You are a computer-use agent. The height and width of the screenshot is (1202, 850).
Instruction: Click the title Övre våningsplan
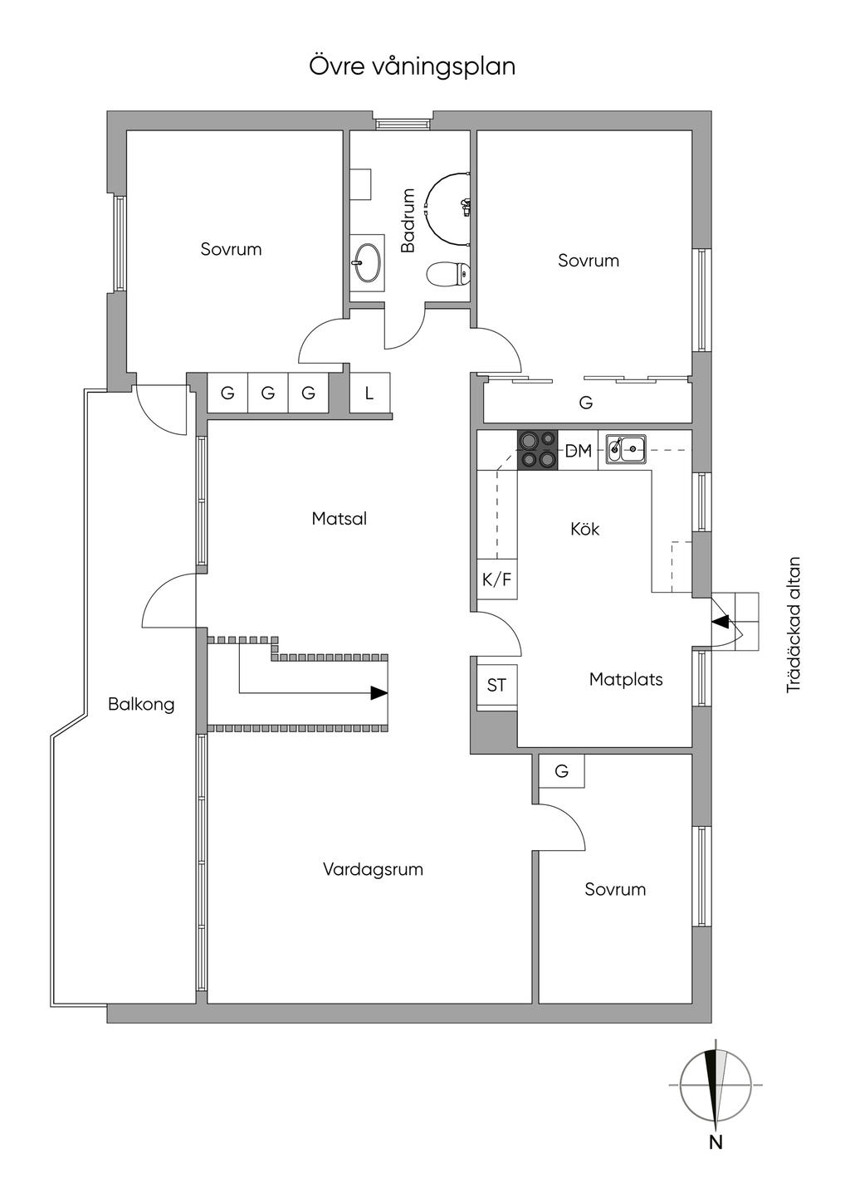413,66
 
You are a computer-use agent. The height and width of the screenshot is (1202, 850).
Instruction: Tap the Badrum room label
408,220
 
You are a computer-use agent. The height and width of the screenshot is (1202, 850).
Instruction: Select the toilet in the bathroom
448,273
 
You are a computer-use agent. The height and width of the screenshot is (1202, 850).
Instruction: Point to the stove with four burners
537,450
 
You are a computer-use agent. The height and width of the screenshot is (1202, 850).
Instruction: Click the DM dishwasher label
579,451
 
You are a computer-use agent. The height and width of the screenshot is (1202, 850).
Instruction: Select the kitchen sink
626,449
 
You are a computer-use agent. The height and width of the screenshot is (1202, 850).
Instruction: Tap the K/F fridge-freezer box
496,579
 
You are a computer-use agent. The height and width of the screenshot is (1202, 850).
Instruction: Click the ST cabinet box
496,685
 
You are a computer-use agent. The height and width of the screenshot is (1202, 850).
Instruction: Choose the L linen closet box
369,393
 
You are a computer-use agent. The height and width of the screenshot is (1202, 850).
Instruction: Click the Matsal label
339,519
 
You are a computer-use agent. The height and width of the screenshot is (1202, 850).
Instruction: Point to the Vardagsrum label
373,869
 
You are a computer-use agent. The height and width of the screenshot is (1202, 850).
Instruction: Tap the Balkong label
141,704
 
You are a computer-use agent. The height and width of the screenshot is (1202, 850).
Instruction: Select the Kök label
584,529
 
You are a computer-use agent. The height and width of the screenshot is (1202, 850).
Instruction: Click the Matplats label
626,679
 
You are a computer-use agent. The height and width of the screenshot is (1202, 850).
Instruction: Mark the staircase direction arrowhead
379,692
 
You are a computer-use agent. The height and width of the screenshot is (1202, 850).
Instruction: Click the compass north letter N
716,1142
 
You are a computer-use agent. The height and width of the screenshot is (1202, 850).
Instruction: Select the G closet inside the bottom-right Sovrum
561,771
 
